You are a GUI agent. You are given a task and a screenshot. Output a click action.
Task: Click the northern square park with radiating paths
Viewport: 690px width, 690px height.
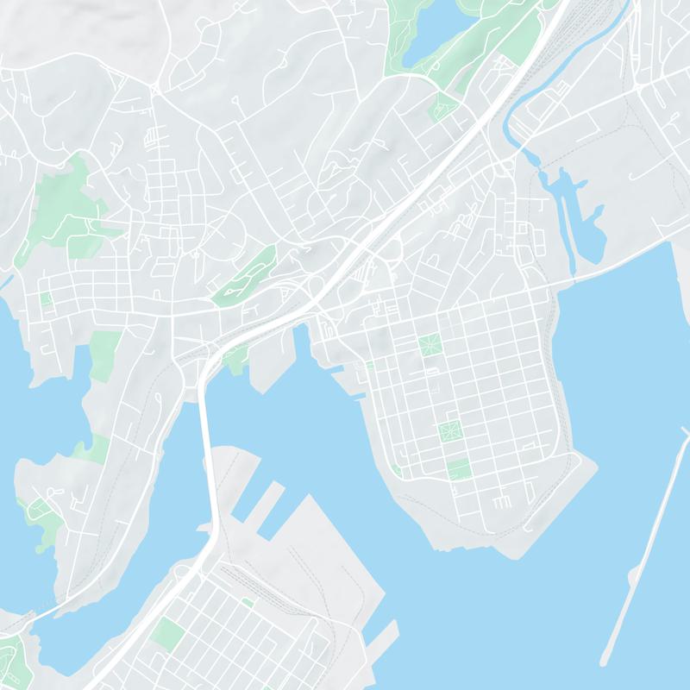[430, 346]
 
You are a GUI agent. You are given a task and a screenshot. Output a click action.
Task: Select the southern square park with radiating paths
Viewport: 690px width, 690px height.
[449, 429]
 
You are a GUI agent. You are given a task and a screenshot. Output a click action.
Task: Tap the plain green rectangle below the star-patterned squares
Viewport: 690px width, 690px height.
[459, 468]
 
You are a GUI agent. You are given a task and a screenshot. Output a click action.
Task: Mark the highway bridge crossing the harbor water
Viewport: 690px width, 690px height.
[204, 448]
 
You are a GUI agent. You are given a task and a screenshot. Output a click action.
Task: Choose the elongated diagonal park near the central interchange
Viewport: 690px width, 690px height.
[244, 273]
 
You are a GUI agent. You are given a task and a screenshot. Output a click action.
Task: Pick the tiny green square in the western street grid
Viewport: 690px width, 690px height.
[45, 298]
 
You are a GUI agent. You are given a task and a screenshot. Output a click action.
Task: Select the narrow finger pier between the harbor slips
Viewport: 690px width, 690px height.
[269, 500]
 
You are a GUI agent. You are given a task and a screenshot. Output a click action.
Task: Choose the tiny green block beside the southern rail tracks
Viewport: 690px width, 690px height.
[248, 602]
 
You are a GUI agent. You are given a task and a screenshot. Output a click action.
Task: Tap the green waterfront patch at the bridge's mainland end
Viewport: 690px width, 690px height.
[235, 358]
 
